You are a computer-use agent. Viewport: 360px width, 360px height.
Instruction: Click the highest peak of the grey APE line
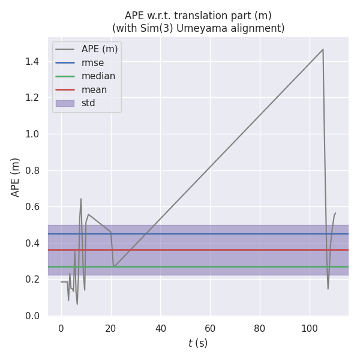tap(323, 49)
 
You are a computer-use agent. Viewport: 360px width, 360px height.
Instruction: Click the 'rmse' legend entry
tap(93, 63)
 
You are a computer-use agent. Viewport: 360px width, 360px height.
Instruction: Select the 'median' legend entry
tap(98, 76)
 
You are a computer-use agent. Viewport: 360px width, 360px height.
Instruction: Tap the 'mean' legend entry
tap(94, 90)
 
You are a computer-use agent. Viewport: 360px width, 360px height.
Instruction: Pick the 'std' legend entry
tap(88, 103)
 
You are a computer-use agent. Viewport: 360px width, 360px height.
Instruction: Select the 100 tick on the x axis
tap(310, 327)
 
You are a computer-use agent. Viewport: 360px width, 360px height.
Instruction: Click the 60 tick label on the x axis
tap(210, 327)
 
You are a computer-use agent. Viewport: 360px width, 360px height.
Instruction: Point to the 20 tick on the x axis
tap(111, 327)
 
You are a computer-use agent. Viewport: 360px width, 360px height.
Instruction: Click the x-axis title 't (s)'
tap(198, 343)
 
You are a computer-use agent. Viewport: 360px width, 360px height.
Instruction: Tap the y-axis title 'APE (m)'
tap(16, 177)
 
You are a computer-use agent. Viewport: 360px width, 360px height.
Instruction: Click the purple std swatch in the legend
tap(65, 103)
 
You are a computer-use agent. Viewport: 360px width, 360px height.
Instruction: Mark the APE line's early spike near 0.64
tap(81, 199)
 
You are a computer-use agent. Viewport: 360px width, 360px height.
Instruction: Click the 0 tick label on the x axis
tap(61, 327)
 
